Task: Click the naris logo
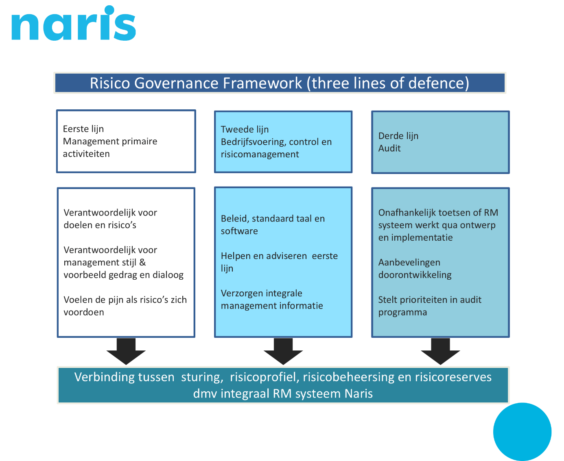[x=73, y=24]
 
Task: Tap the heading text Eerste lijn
[x=83, y=129]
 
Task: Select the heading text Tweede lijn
[x=245, y=129]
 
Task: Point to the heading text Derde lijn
[x=398, y=136]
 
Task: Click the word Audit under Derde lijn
[x=389, y=148]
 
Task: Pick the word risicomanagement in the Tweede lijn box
[x=260, y=154]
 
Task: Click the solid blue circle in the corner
[x=522, y=432]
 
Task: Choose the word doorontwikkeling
[x=415, y=275]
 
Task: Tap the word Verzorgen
[x=240, y=294]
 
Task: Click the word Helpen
[x=235, y=256]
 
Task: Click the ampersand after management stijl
[x=142, y=263]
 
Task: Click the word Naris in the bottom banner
[x=359, y=394]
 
